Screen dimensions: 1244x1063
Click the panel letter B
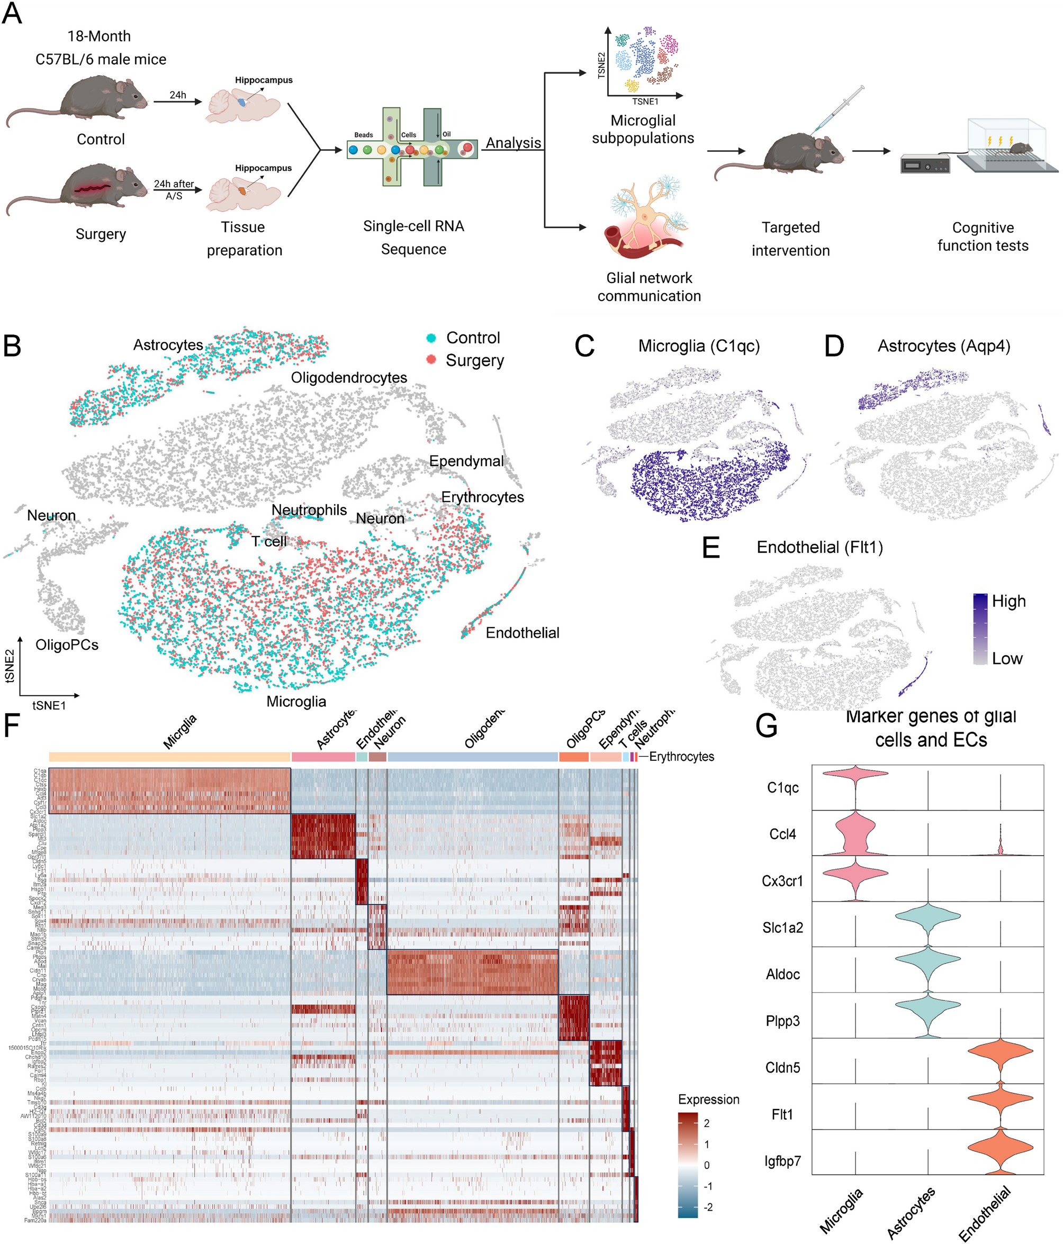tap(12, 347)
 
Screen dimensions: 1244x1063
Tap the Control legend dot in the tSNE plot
tap(430, 338)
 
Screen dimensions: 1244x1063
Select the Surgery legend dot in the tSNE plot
tap(430, 360)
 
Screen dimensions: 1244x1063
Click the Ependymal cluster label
tap(466, 461)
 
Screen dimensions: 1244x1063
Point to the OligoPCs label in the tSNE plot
tap(67, 645)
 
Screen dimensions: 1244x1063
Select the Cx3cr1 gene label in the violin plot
tap(782, 882)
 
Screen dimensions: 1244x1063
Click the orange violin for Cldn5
tap(1000, 1051)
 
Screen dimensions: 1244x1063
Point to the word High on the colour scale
tap(1008, 601)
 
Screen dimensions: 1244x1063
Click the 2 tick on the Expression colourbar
tap(706, 1123)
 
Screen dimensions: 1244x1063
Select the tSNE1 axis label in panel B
tap(49, 705)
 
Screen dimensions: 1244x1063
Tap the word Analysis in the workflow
tap(513, 143)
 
